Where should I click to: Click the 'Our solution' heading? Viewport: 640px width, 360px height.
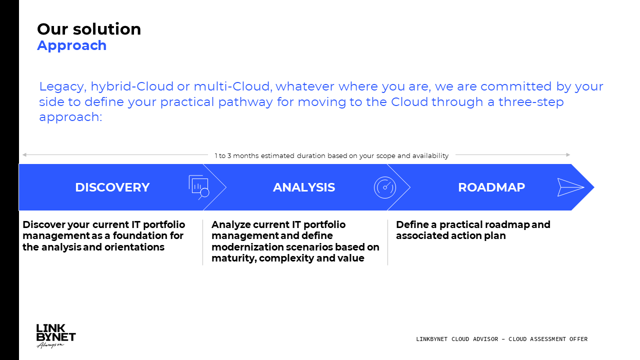point(89,29)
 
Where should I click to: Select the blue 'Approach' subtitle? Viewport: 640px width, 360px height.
point(71,45)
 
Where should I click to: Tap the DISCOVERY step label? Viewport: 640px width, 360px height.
point(112,187)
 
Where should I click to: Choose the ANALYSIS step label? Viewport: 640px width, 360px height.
point(303,187)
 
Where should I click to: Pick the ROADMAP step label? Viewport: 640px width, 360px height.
point(491,187)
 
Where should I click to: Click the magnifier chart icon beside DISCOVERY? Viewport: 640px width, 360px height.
point(199,187)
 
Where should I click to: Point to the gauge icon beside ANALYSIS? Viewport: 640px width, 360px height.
point(385,187)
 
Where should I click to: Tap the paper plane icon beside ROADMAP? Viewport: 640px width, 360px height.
point(570,187)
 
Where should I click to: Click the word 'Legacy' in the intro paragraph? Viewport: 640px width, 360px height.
point(63,87)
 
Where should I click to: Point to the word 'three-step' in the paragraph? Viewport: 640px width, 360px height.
point(531,102)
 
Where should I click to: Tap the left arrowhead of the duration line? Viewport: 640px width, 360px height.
point(24,155)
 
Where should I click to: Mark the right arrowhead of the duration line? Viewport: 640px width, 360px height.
point(568,155)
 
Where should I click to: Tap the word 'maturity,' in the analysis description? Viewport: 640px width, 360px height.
point(233,258)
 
